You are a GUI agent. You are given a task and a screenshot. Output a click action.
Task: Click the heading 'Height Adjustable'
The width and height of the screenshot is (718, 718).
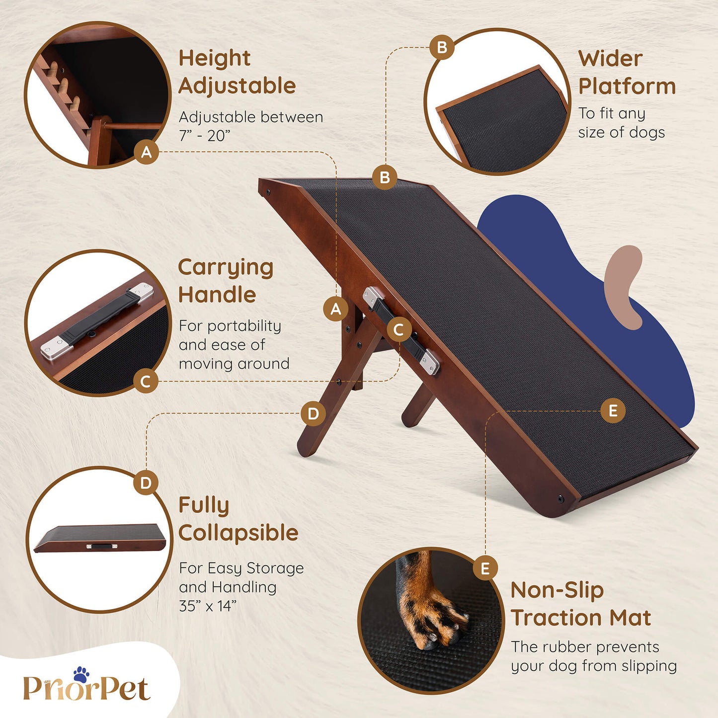coord(237,72)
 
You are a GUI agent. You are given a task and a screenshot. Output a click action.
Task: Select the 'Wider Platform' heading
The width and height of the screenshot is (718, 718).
coord(627,72)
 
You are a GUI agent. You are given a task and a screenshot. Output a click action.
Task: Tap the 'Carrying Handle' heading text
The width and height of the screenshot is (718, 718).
coord(226,281)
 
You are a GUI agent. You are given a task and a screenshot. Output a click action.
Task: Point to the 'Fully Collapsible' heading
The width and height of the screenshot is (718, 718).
coord(239,519)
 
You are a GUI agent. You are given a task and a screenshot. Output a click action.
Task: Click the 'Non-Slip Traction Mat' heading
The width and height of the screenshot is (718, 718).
coord(580,604)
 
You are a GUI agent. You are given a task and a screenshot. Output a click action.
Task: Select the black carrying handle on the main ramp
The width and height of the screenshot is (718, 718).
coord(401,331)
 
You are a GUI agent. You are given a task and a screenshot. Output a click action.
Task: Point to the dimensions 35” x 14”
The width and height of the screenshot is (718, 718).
coord(208,606)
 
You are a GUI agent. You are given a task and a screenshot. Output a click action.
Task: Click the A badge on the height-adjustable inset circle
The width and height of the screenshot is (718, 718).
coord(147,152)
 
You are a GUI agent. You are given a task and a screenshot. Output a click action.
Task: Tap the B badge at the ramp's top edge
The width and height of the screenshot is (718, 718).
coord(385,177)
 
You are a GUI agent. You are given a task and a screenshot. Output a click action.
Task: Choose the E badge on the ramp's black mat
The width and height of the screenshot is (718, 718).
coord(613,411)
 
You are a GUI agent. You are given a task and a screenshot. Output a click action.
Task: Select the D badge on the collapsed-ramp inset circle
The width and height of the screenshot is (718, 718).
coord(146,483)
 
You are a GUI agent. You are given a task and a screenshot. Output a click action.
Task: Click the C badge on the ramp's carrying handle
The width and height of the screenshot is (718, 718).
coord(399,330)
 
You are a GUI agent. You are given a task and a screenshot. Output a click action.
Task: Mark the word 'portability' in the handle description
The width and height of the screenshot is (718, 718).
coord(244,326)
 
